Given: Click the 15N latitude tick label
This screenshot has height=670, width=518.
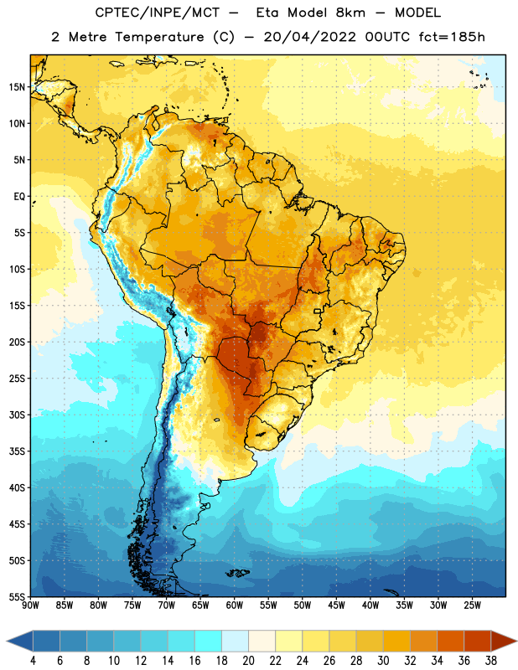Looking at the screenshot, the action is (17, 87).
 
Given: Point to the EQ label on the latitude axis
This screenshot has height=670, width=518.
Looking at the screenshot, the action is (19, 197).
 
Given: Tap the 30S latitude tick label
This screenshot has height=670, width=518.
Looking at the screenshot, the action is (17, 415).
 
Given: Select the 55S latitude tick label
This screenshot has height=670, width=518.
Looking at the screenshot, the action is (17, 597).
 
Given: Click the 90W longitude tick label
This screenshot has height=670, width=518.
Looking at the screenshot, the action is (30, 606).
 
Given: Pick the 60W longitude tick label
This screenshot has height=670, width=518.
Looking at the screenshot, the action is (235, 606).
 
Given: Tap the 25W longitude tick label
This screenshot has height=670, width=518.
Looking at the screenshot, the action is (472, 606).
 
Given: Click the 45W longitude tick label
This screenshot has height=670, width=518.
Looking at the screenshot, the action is (336, 606).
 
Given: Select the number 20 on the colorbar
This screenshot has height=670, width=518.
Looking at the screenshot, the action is (248, 661).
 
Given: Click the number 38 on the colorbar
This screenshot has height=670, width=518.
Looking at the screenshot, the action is (491, 661).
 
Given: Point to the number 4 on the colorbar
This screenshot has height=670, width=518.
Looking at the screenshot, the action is (33, 661).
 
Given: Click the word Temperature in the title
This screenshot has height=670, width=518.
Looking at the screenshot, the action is (159, 37).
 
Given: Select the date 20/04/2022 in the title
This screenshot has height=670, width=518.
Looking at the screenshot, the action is (309, 37).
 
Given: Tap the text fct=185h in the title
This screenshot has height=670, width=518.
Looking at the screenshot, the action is (452, 37).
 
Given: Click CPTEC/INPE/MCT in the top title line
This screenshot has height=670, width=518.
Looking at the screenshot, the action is (158, 13).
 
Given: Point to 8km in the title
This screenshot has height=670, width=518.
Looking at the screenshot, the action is (350, 13).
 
